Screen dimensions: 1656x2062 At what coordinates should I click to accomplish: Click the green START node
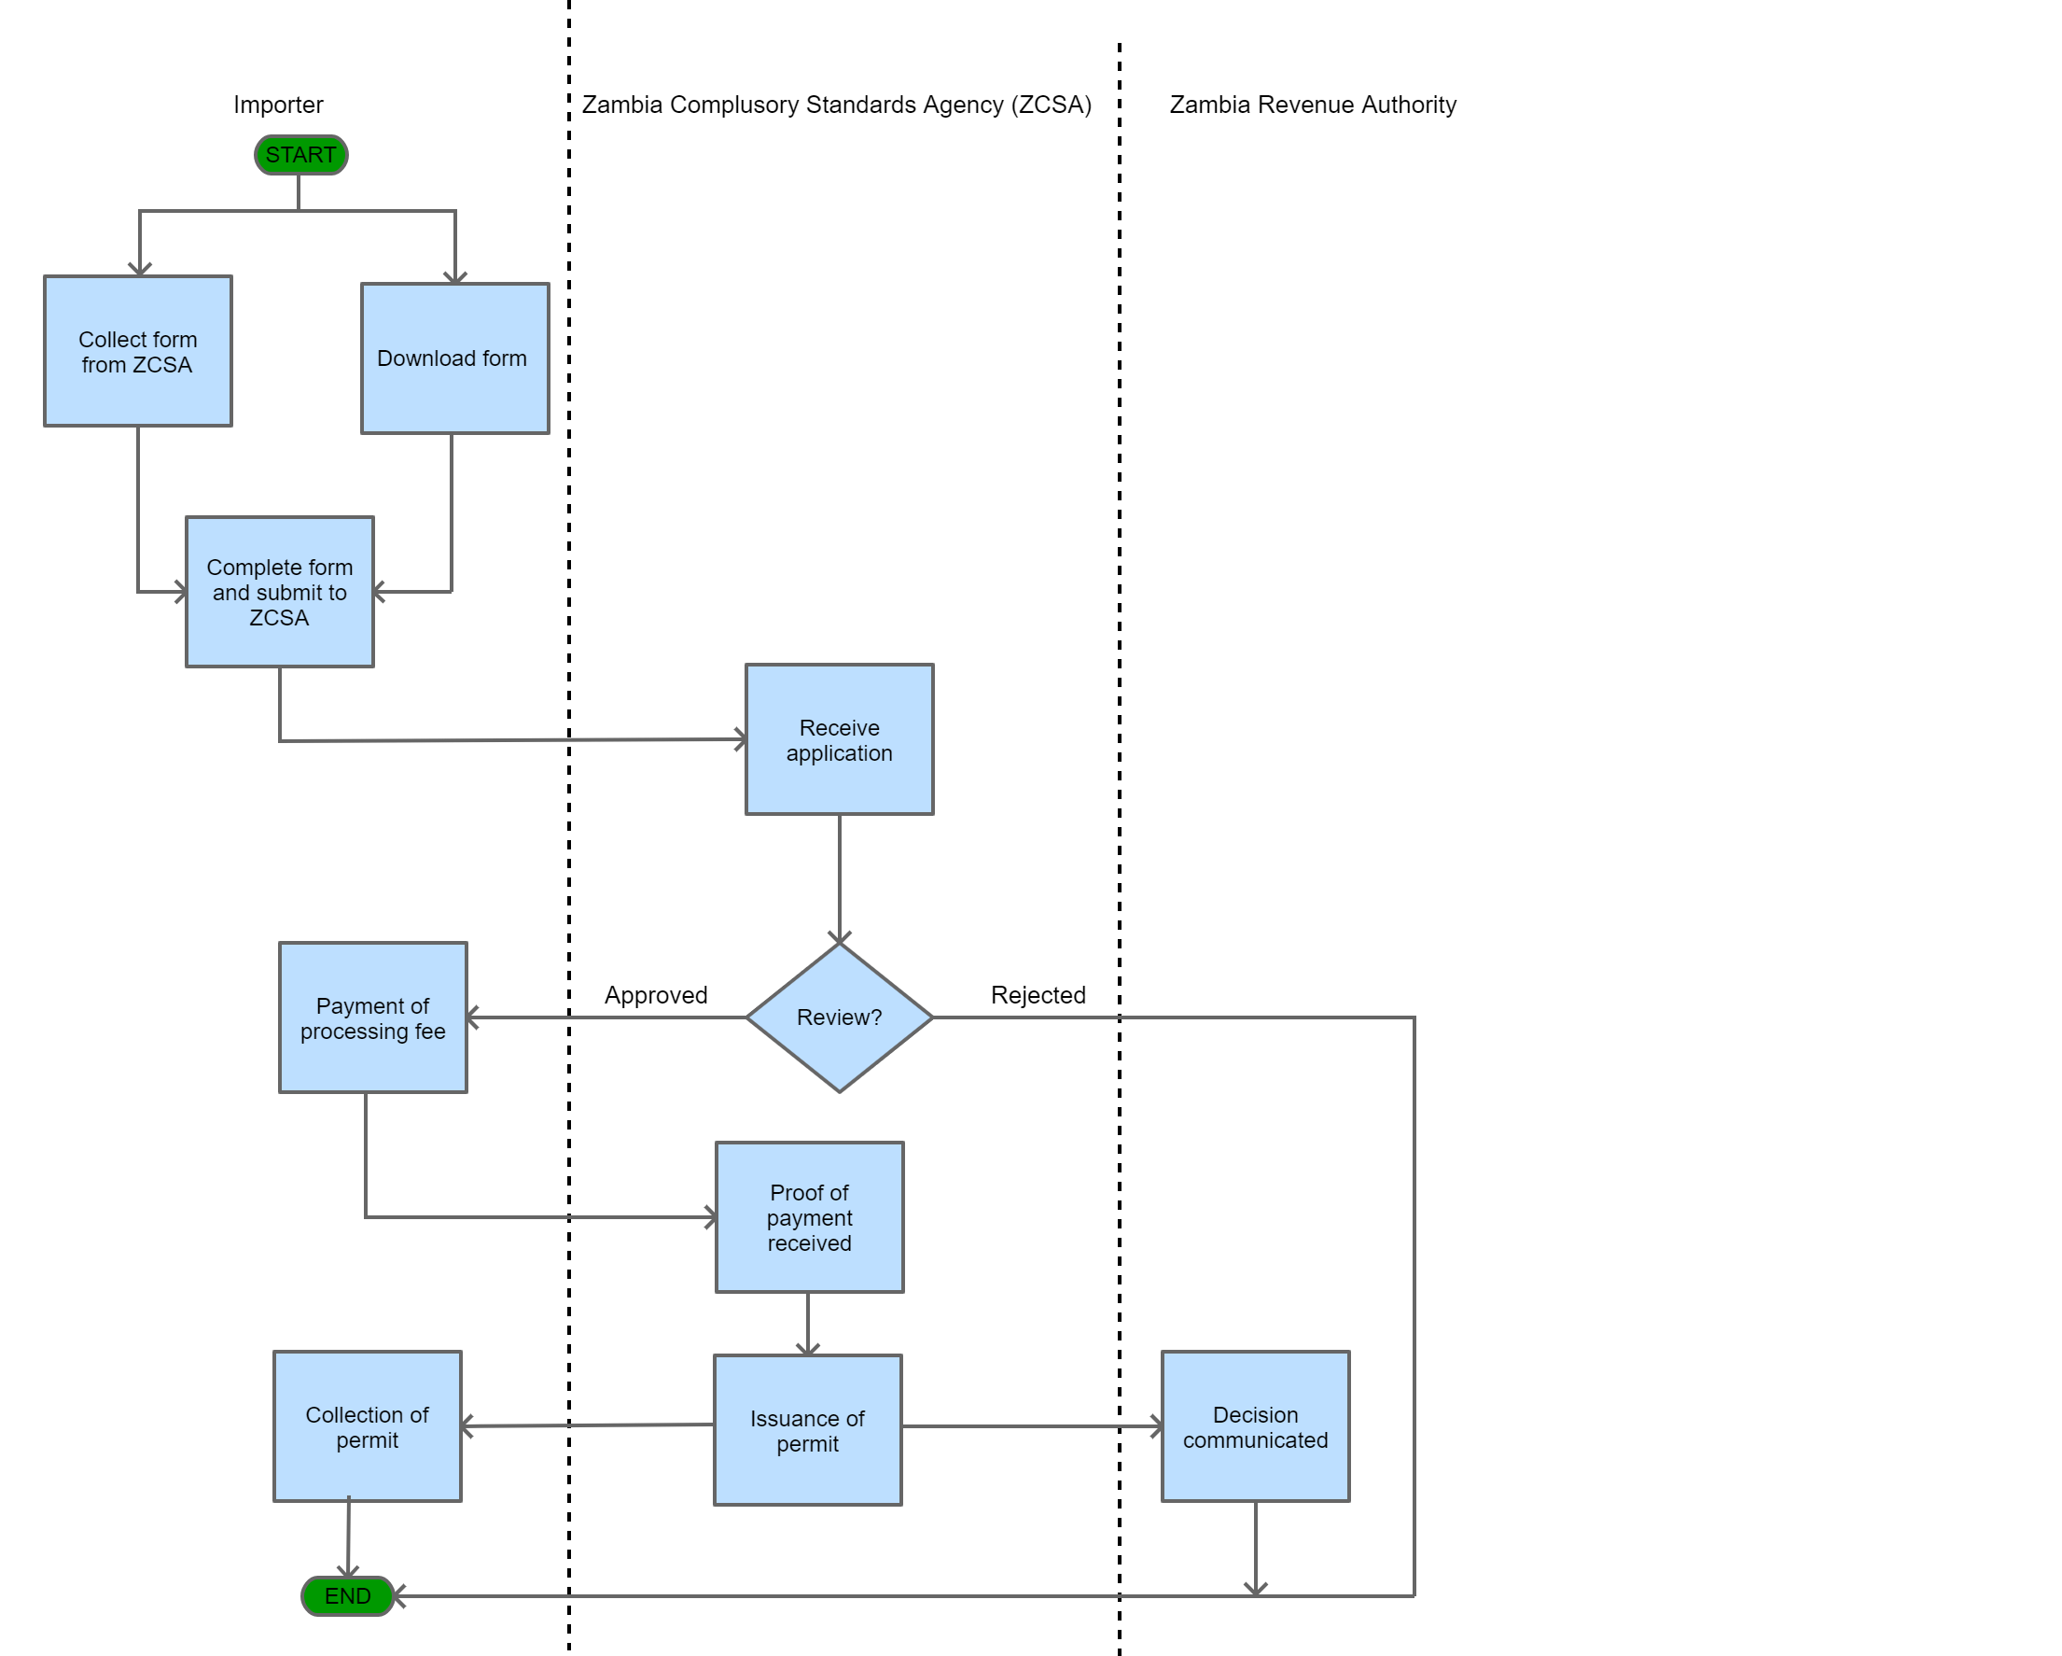click(300, 155)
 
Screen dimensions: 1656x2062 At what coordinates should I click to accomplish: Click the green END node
click(347, 1595)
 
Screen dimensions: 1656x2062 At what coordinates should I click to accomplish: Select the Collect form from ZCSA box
click(138, 351)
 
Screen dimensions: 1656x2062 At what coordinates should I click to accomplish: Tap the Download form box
click(454, 358)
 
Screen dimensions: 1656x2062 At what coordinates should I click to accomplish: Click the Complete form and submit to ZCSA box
click(279, 592)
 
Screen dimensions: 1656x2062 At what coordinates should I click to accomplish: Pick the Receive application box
click(839, 739)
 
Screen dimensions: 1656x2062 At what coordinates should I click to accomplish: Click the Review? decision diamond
click(839, 1017)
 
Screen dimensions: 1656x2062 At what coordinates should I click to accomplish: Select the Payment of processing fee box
click(373, 1017)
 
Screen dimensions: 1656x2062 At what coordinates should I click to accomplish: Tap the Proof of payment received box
click(809, 1217)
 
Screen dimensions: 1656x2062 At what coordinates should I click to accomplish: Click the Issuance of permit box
click(807, 1430)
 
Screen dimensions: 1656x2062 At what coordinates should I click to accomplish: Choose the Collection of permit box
click(368, 1426)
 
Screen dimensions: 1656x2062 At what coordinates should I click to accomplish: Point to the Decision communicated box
click(1255, 1426)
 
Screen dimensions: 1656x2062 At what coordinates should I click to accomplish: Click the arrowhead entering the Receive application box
click(739, 739)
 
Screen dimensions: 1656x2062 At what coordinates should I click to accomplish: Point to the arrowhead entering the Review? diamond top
click(839, 936)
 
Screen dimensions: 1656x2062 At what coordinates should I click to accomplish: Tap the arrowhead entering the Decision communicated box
click(1155, 1426)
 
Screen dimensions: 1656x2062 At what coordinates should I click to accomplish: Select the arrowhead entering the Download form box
click(454, 276)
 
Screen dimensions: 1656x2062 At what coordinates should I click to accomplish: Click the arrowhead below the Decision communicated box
click(1255, 1588)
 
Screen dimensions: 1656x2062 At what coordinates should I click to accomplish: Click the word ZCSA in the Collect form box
click(161, 365)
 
